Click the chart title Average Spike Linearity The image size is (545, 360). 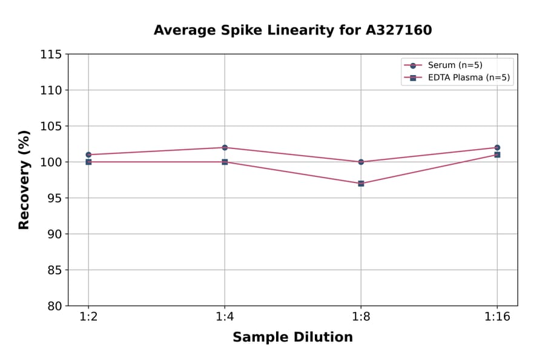292,30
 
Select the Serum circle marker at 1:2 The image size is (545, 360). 88,155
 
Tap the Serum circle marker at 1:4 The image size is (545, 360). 225,147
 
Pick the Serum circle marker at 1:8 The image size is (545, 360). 361,162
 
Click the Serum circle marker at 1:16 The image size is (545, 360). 497,147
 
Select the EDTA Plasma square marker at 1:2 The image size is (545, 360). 88,162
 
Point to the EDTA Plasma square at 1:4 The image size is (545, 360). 225,162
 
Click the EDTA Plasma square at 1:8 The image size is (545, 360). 361,183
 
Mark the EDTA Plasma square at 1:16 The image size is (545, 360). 497,155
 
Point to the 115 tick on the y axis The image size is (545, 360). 51,55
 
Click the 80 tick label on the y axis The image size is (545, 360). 54,306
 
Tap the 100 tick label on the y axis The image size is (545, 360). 51,162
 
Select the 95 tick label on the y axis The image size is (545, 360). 54,198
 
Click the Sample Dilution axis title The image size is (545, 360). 292,338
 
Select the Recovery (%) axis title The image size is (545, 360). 24,180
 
